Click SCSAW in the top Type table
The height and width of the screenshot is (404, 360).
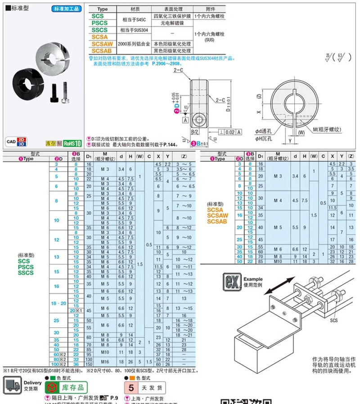click(x=103, y=44)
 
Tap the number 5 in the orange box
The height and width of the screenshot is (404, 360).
click(x=131, y=387)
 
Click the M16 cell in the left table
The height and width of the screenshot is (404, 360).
click(x=105, y=361)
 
